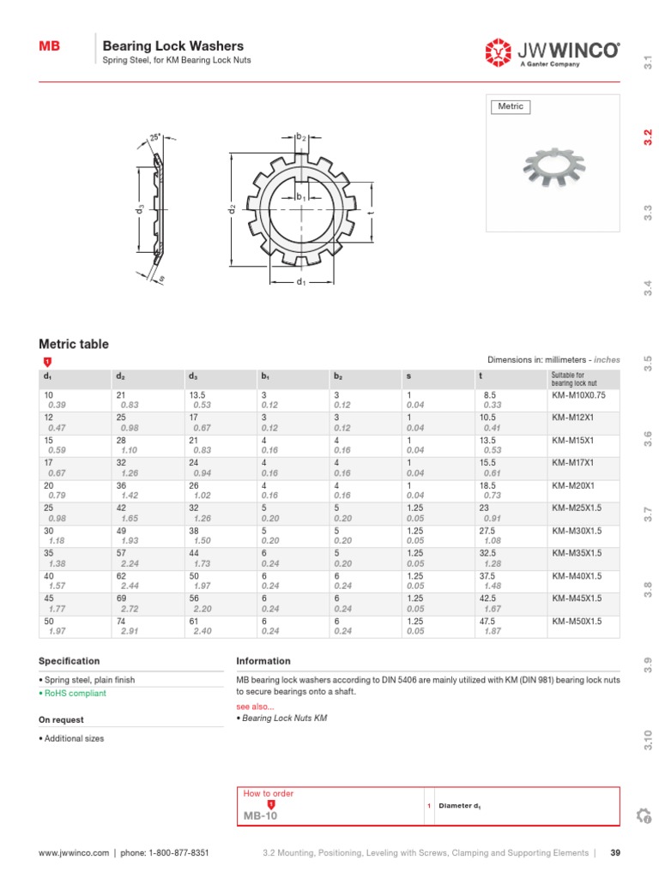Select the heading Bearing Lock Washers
click(172, 46)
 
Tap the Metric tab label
click(510, 107)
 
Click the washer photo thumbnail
click(553, 171)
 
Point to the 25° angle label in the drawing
click(155, 136)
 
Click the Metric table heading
click(74, 344)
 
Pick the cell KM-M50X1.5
click(577, 620)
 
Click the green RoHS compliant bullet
click(75, 693)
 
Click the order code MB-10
click(261, 817)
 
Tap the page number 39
click(614, 853)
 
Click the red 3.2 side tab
click(648, 137)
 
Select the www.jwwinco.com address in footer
click(74, 853)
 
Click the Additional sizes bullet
click(74, 738)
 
